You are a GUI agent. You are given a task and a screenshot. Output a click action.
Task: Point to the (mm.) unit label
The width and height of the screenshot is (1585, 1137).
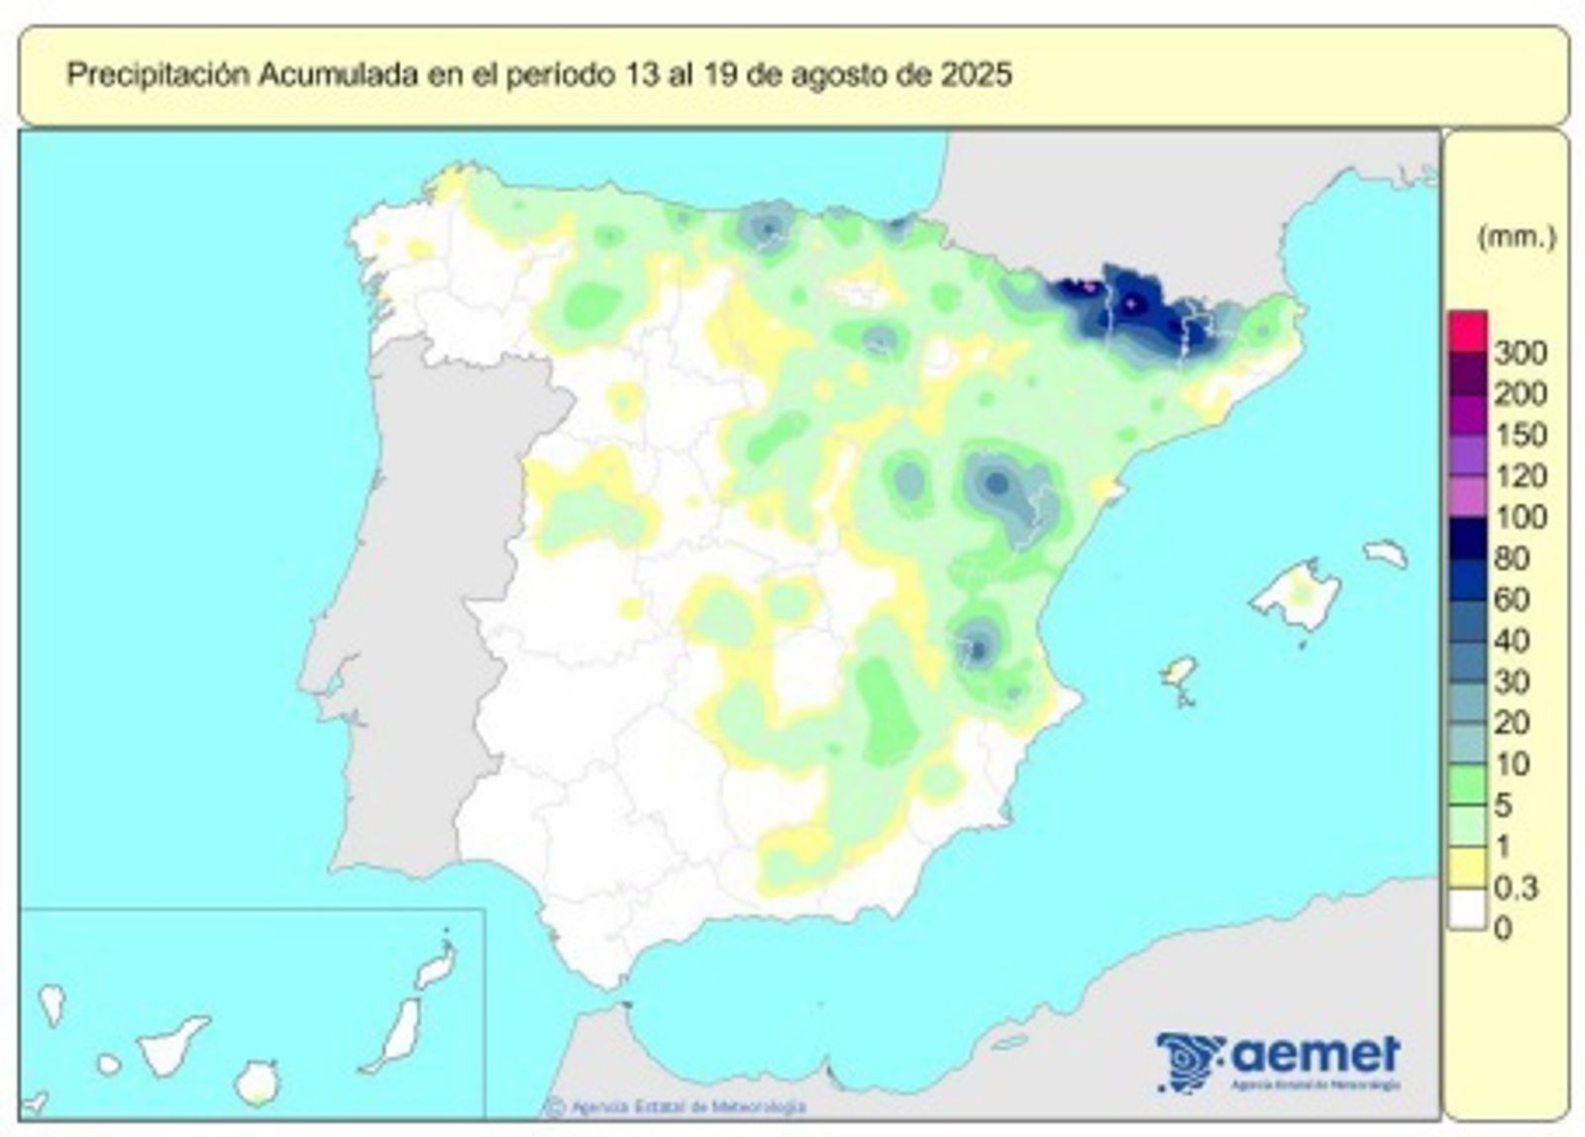[x=1515, y=237]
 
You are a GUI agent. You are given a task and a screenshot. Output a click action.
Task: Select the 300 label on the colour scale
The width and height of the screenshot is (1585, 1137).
[x=1520, y=354]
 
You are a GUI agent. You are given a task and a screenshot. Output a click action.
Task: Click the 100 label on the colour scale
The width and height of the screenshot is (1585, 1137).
[x=1520, y=517]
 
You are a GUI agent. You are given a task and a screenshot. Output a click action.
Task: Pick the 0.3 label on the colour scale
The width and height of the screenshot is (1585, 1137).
[x=1516, y=887]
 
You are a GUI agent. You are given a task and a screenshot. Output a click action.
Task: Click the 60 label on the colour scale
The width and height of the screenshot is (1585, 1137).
[x=1512, y=599]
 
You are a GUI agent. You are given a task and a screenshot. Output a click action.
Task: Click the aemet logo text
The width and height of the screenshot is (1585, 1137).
[x=1317, y=1053]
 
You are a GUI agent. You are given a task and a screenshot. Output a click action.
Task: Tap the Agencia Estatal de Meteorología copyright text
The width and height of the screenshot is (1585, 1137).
[x=684, y=1106]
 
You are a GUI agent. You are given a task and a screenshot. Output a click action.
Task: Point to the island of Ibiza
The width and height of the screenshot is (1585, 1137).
[x=1178, y=673]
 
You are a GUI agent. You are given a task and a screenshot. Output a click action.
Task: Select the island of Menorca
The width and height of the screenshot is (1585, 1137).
[x=1385, y=553]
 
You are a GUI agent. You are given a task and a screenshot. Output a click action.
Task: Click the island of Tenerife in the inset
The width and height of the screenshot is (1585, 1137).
[x=172, y=1044]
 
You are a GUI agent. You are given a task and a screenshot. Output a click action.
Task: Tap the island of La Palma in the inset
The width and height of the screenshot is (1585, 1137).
[x=53, y=1002]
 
